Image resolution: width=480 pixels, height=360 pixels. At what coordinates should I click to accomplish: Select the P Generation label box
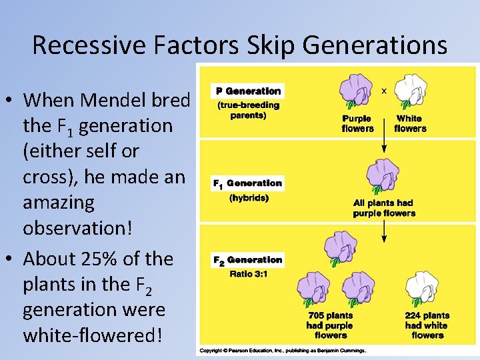pos(248,91)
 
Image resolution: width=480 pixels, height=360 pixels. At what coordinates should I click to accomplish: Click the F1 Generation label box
pos(247,183)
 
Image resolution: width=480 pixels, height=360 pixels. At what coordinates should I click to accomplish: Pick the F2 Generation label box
pos(247,259)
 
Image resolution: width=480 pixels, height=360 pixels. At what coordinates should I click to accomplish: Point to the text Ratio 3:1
pos(249,274)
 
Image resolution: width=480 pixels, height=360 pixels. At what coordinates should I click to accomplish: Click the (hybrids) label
pos(248,198)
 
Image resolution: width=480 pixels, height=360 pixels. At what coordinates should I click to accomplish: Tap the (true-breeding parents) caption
pos(248,110)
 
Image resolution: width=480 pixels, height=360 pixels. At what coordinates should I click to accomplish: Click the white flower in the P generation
pos(411,91)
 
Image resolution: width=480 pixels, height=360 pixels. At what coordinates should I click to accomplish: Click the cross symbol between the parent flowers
pos(383,91)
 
